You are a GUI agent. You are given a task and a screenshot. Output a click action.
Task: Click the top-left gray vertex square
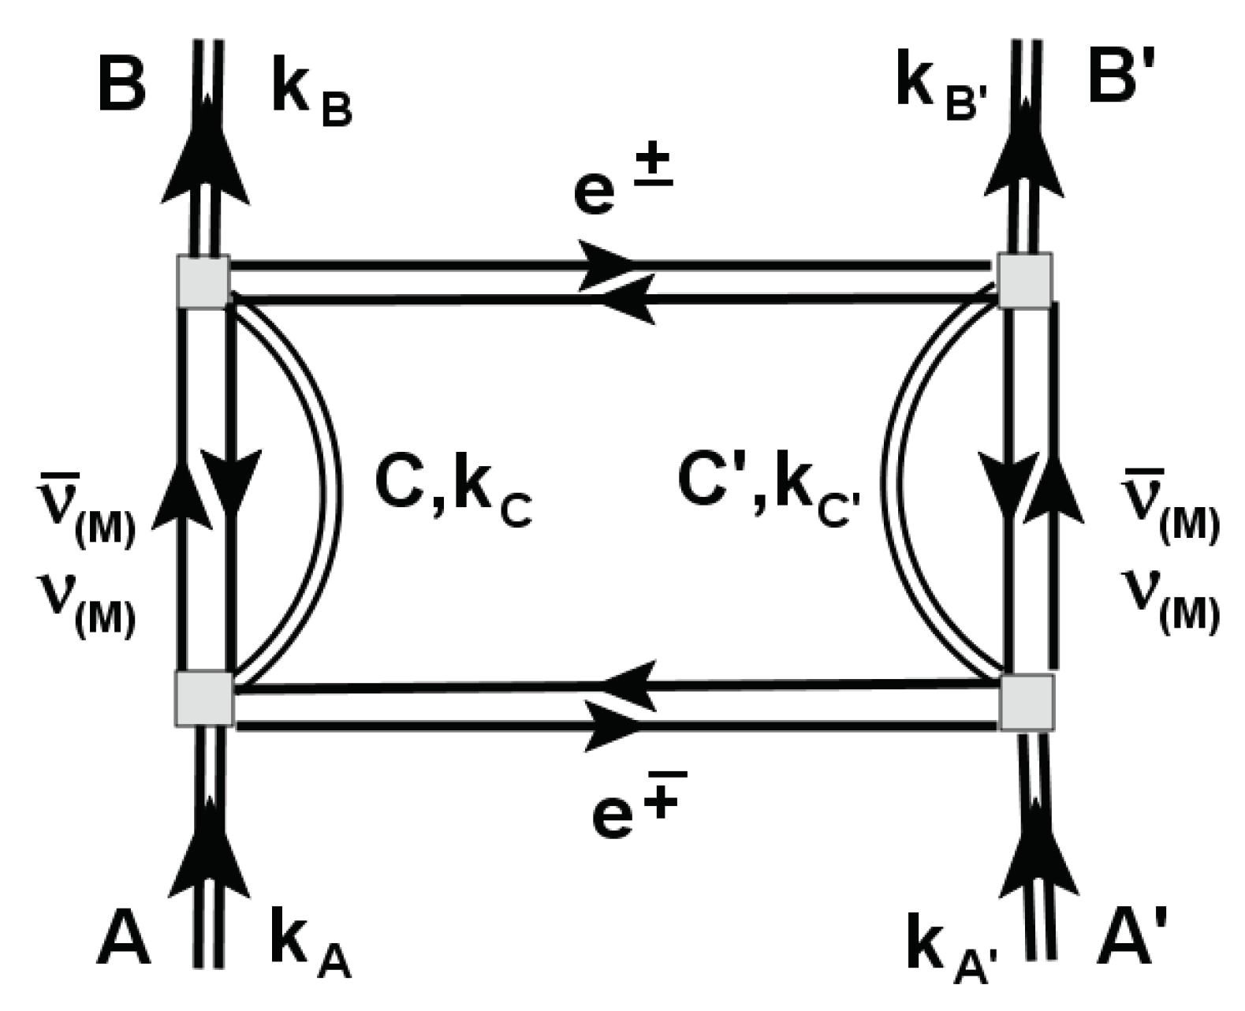(204, 281)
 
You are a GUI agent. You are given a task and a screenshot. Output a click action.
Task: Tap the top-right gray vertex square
(1024, 280)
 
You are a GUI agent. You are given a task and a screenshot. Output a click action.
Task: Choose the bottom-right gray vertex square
(1027, 702)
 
